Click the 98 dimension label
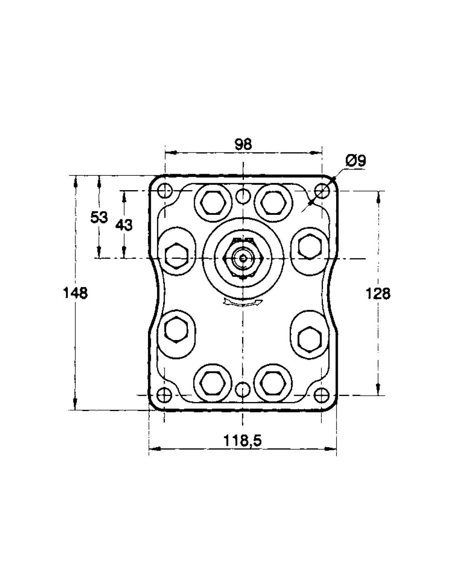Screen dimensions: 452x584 pyautogui.click(x=243, y=144)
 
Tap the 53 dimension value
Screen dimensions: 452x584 pyautogui.click(x=99, y=217)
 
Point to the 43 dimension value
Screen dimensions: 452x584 pyautogui.click(x=124, y=225)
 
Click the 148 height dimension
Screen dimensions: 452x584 pyautogui.click(x=76, y=293)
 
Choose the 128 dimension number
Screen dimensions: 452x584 pyautogui.click(x=378, y=294)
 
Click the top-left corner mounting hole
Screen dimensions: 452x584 pyautogui.click(x=164, y=191)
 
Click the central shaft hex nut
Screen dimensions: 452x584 pyautogui.click(x=243, y=258)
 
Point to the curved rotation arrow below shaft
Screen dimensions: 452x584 pyautogui.click(x=242, y=303)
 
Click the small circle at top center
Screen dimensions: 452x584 pyautogui.click(x=243, y=196)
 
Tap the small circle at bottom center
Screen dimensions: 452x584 pyautogui.click(x=243, y=389)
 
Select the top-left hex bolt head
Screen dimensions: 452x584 pyautogui.click(x=213, y=203)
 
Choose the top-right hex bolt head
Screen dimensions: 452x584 pyautogui.click(x=273, y=203)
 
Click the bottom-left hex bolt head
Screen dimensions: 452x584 pyautogui.click(x=212, y=383)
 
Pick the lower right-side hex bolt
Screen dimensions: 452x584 pyautogui.click(x=309, y=339)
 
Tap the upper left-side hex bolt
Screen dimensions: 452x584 pyautogui.click(x=176, y=255)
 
